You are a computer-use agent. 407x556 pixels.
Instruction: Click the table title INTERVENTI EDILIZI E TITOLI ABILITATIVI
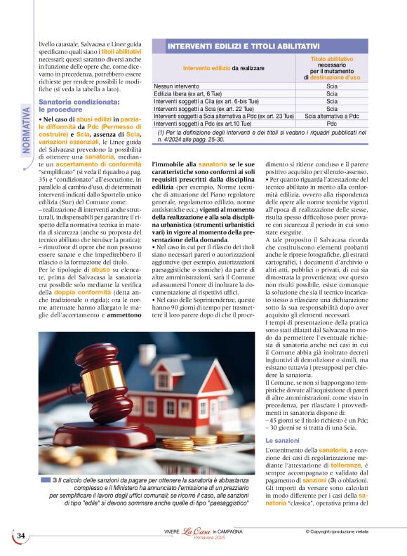click(x=243, y=46)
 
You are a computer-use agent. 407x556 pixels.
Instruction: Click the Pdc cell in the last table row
click(x=332, y=123)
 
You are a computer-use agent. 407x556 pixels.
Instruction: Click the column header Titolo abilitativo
click(x=332, y=60)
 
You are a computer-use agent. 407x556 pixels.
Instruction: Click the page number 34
click(x=21, y=536)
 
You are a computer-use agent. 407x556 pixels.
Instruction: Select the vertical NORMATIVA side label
click(x=27, y=129)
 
